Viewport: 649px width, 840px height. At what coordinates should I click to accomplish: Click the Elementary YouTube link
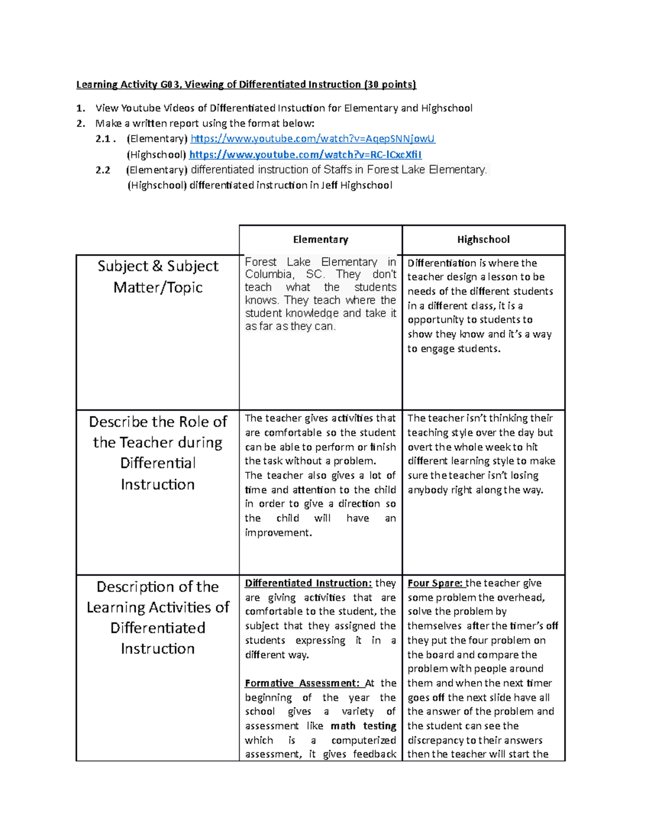coord(313,139)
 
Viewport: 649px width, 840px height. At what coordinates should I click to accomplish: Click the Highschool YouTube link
coord(306,155)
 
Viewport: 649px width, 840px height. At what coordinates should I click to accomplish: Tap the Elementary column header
coord(320,240)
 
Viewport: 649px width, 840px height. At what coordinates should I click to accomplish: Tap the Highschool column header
coord(483,240)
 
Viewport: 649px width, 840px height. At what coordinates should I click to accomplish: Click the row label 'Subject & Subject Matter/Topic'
coord(157,276)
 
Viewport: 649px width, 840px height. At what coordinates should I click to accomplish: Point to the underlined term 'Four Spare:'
coord(435,583)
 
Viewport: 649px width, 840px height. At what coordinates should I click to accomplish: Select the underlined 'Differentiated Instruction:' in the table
coord(308,583)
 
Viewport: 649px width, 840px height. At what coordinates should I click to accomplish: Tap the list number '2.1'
coord(103,139)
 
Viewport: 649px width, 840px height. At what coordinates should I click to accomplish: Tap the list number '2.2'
coord(103,170)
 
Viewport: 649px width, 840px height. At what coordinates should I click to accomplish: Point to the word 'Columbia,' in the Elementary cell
coord(269,274)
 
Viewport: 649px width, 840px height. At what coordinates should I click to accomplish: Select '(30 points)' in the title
coord(390,84)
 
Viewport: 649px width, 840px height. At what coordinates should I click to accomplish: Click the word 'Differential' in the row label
coord(157,464)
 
